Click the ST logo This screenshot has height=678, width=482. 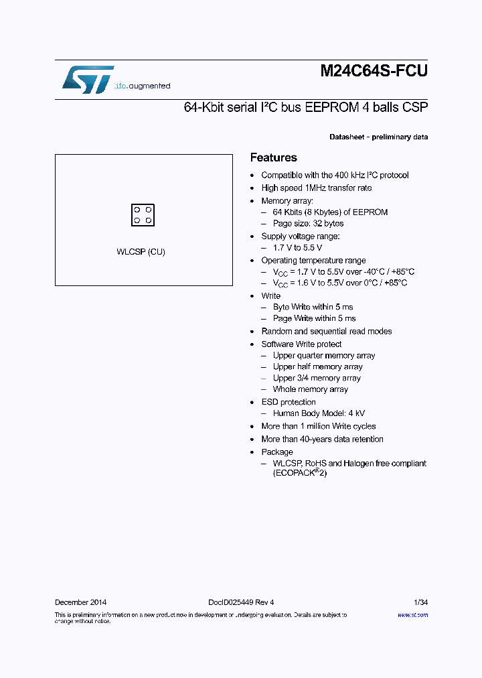pyautogui.click(x=88, y=79)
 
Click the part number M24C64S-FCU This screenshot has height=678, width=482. pyautogui.click(x=374, y=72)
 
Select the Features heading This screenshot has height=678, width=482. pyautogui.click(x=273, y=158)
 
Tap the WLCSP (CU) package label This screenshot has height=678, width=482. pyautogui.click(x=141, y=252)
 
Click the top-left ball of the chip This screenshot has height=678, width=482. pyautogui.click(x=137, y=210)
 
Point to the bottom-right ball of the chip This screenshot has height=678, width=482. pyautogui.click(x=149, y=220)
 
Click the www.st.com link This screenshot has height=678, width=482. pyautogui.click(x=412, y=615)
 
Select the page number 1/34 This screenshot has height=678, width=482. pyautogui.click(x=420, y=602)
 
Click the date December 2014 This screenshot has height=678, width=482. pyautogui.click(x=80, y=602)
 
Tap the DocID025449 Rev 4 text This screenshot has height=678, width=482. pyautogui.click(x=236, y=602)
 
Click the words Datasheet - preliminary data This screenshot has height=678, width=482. pyautogui.click(x=378, y=137)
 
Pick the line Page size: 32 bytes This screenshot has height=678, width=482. pyautogui.click(x=308, y=224)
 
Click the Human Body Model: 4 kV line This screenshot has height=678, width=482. pyautogui.click(x=319, y=414)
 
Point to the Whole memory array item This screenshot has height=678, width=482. pyautogui.click(x=310, y=389)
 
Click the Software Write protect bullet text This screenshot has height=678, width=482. pyautogui.click(x=301, y=344)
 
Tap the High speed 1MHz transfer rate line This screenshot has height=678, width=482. pyautogui.click(x=316, y=188)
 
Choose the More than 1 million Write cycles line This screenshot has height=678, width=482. pyautogui.click(x=318, y=426)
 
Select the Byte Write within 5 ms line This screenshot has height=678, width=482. pyautogui.click(x=313, y=308)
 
